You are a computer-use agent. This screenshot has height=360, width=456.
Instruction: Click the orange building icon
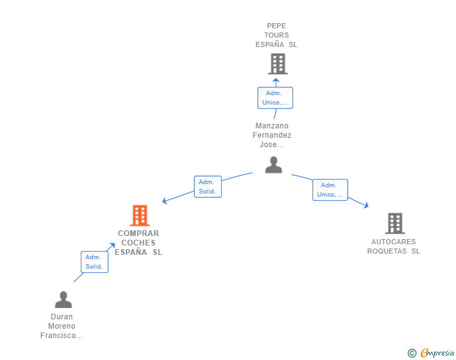pos(140,215)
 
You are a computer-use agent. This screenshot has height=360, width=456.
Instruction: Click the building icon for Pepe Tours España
pos(277,64)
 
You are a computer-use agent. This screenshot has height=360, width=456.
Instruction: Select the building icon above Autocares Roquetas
pos(395,224)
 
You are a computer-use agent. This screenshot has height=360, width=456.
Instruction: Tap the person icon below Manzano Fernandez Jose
pos(274,165)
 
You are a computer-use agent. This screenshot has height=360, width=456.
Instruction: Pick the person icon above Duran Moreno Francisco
pos(63,299)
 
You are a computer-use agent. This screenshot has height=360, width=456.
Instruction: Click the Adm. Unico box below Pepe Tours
pos(275,98)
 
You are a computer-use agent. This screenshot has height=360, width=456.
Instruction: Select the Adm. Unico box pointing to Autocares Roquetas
pos(330,190)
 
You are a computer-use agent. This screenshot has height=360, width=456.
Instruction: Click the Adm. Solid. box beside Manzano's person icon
pos(208,187)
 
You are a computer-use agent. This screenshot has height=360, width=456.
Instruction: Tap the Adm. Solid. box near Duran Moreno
pos(95,262)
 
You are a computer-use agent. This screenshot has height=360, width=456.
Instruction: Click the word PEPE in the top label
pos(276,26)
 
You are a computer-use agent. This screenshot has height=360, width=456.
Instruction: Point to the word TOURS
pos(276,35)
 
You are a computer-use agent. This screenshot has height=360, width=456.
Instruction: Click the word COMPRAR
pos(138,233)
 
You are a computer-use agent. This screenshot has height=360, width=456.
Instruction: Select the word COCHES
pos(138,242)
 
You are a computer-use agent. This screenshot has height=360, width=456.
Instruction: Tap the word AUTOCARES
pos(393,242)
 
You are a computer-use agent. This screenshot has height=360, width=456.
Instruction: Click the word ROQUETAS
pos(387,251)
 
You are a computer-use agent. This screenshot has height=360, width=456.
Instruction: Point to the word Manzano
pos(272,126)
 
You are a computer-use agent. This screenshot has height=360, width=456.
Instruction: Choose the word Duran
pos(61,317)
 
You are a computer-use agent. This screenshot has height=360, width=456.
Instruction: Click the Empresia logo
pos(431,352)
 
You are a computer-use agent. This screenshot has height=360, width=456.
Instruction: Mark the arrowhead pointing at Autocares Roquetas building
pos(366,205)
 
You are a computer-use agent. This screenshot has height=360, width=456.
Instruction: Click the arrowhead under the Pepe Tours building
pos(276,80)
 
